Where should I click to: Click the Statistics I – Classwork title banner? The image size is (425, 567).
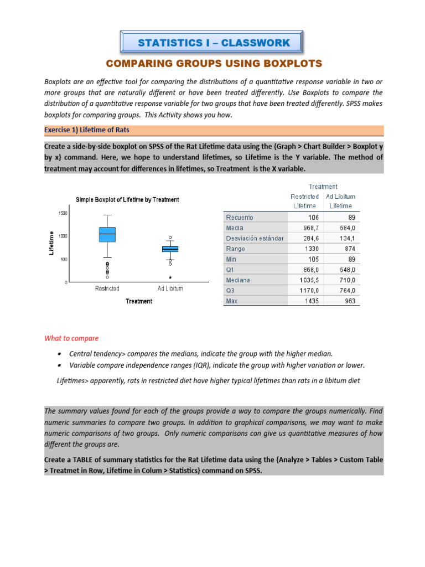[x=213, y=43]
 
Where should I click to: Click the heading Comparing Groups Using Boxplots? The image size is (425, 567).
[x=213, y=63]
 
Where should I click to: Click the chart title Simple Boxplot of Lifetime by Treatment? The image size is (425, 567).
[x=127, y=199]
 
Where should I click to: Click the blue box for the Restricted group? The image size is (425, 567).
[x=107, y=234]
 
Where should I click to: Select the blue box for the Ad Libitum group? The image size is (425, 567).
[x=170, y=249]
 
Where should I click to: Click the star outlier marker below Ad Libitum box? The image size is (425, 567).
[x=170, y=277]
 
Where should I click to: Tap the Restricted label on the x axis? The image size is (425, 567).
[x=107, y=288]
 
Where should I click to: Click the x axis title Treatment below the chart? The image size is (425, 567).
[x=138, y=301]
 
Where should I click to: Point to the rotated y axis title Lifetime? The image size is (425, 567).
[x=51, y=243]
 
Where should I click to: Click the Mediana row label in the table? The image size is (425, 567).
[x=238, y=280]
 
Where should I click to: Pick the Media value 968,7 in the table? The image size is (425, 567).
[x=308, y=228]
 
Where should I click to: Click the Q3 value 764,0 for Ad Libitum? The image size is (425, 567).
[x=346, y=291]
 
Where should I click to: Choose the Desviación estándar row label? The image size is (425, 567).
[x=255, y=238]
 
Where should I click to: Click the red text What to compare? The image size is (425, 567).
[x=71, y=338]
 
